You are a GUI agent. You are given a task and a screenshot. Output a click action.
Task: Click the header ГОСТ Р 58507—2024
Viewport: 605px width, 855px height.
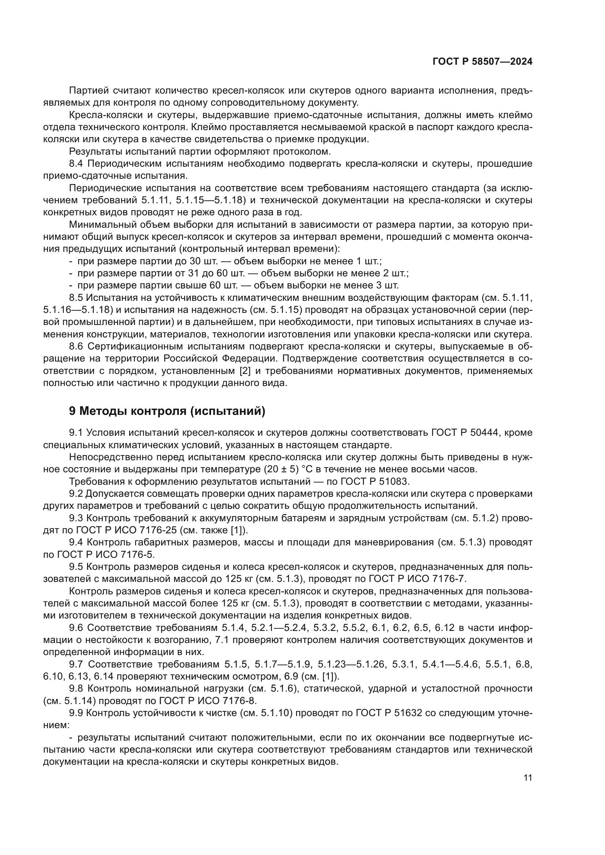[x=482, y=62]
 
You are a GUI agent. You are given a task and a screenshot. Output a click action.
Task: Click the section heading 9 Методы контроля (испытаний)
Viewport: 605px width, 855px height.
[x=167, y=411]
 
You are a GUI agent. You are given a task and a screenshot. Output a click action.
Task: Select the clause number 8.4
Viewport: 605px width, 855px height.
[x=77, y=164]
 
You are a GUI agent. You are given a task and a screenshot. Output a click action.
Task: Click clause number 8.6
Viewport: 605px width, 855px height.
[x=77, y=346]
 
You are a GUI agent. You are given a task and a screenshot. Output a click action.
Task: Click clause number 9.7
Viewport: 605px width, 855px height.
[x=77, y=664]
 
